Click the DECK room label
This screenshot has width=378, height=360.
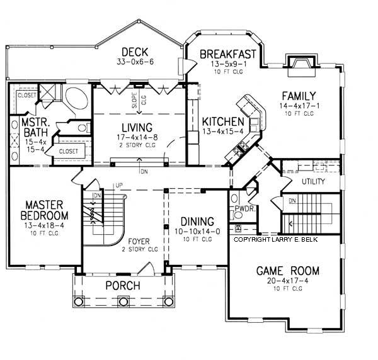tap(135, 52)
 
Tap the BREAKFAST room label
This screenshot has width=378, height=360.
tap(227, 55)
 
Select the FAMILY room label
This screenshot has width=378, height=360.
tap(298, 95)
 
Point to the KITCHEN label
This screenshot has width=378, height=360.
tap(223, 121)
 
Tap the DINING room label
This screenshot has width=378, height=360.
tap(197, 222)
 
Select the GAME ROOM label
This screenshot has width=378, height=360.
tap(287, 271)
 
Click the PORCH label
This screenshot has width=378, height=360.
tap(122, 286)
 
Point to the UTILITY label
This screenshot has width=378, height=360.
tap(313, 182)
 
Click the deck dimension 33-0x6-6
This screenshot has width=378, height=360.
tap(135, 63)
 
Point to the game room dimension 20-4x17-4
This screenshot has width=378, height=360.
tap(287, 282)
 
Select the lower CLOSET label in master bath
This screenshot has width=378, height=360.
tap(68, 151)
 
